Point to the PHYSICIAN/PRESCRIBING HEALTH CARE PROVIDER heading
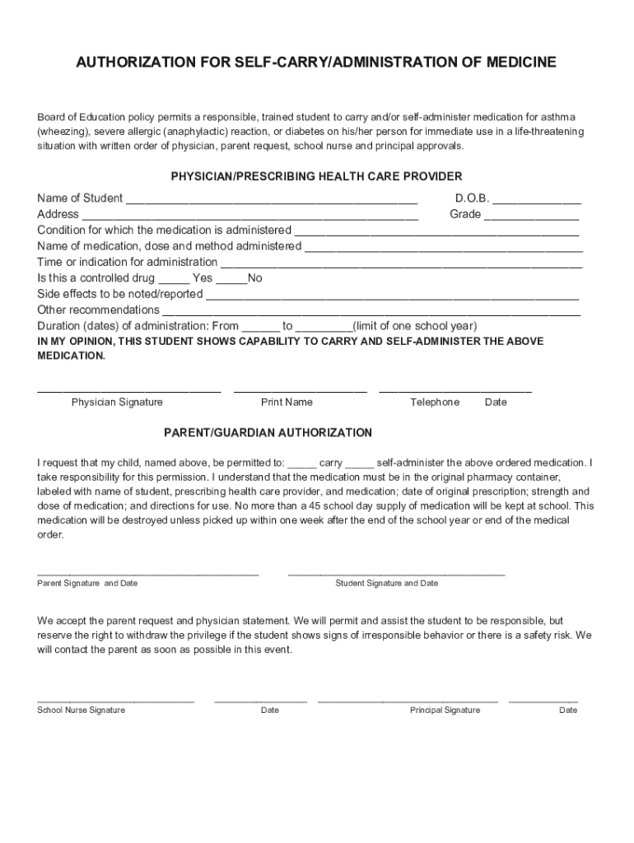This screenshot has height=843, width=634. (x=316, y=176)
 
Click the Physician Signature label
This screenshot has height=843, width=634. (x=117, y=403)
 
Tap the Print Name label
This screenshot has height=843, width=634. (x=287, y=403)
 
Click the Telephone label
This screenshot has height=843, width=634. (x=435, y=403)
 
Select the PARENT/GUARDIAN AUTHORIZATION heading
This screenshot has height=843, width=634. (x=268, y=432)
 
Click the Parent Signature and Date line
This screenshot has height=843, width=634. (x=148, y=572)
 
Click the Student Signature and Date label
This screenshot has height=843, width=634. (x=387, y=584)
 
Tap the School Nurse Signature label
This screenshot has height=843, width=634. (x=82, y=710)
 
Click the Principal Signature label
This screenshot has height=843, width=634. (x=445, y=710)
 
